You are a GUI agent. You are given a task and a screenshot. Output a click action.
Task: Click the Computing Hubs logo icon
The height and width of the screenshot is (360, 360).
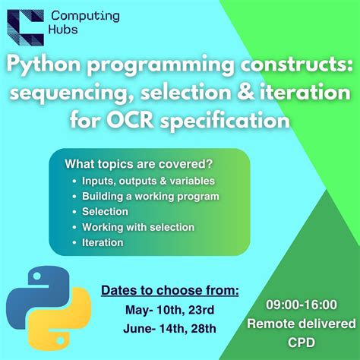24,25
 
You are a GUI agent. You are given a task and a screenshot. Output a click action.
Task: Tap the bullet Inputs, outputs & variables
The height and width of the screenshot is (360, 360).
148,181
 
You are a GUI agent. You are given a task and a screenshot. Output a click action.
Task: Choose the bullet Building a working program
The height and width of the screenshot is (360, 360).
150,196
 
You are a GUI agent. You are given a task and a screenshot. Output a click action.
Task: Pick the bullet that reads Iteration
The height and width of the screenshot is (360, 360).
102,242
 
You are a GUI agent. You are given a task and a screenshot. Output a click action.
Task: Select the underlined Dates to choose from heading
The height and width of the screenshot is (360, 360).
170,290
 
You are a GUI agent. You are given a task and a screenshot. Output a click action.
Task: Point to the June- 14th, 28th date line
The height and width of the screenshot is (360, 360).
170,328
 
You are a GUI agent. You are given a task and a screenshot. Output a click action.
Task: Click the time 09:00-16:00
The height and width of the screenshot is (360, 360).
301,305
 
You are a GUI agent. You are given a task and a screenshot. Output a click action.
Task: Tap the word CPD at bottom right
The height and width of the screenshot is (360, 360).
302,343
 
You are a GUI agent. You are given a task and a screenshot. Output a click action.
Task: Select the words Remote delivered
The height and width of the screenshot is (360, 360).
301,324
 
